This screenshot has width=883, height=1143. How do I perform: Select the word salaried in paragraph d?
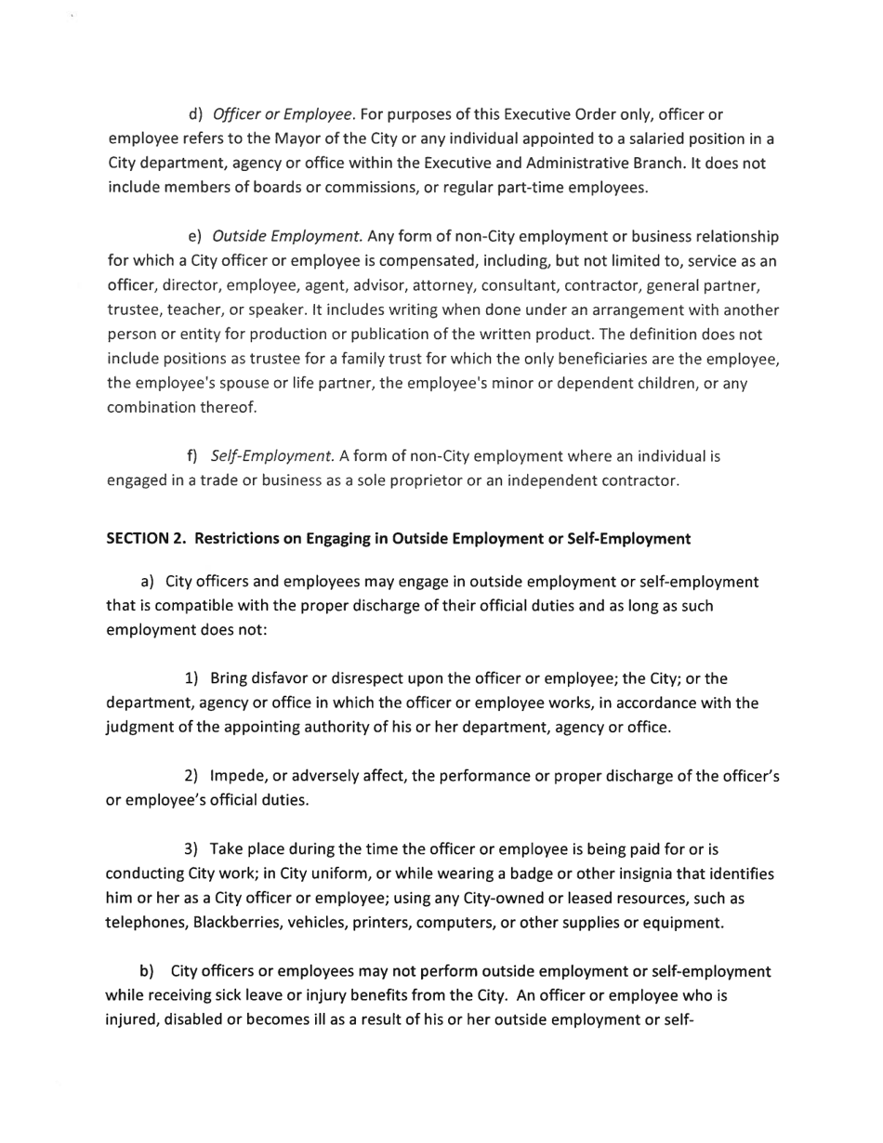[x=623, y=139]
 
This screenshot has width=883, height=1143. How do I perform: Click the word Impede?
[x=241, y=776]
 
